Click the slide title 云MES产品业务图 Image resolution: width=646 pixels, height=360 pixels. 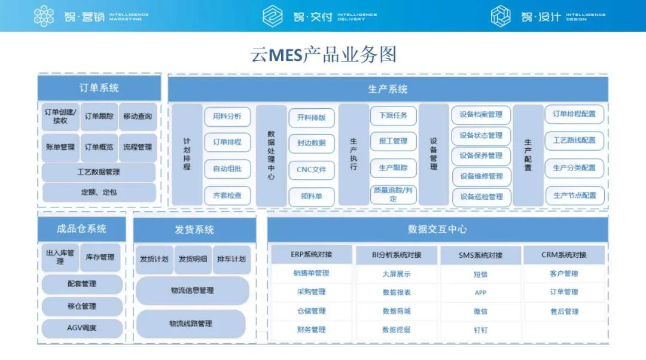(x=323, y=55)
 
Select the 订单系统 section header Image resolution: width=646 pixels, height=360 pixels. (x=99, y=88)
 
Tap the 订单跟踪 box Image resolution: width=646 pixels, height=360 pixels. (x=99, y=117)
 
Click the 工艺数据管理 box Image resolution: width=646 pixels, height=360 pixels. (x=99, y=172)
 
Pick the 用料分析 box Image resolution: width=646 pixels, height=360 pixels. (x=227, y=117)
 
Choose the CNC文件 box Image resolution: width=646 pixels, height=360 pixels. (x=312, y=170)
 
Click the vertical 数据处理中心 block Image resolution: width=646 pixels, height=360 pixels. (x=271, y=155)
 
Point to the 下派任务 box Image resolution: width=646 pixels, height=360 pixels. (x=393, y=115)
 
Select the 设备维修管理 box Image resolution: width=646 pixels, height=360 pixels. (x=481, y=176)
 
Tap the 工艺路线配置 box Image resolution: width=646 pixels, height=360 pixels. (x=574, y=141)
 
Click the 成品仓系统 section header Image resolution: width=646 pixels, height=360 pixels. (x=82, y=229)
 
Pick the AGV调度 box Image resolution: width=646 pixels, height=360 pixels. (x=82, y=328)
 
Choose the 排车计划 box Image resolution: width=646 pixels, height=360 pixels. (x=230, y=260)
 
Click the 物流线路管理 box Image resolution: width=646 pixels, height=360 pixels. (x=191, y=324)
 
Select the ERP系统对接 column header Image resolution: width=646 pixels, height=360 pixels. (x=311, y=255)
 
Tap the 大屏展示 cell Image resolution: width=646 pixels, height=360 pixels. (x=397, y=274)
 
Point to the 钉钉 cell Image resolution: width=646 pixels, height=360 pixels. (x=481, y=330)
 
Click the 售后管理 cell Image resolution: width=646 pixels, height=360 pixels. (x=564, y=312)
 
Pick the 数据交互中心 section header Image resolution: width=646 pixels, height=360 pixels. (x=437, y=229)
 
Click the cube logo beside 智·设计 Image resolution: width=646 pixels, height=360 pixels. (x=501, y=16)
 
